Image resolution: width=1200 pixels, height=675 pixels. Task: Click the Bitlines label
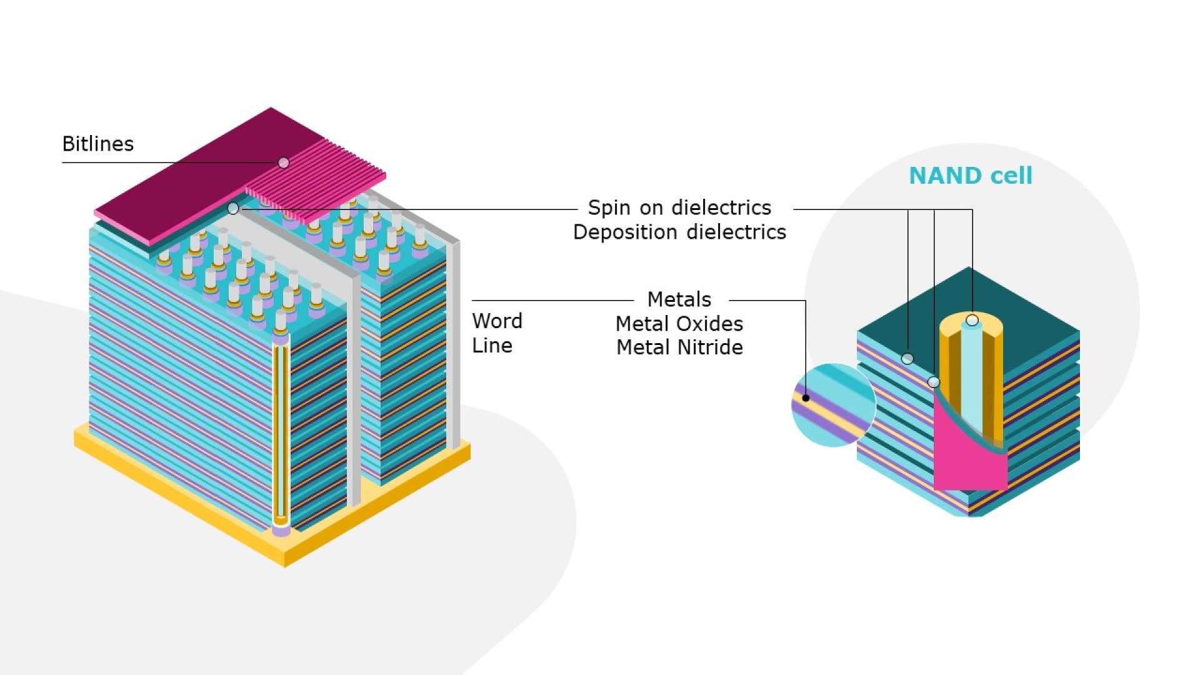point(98,144)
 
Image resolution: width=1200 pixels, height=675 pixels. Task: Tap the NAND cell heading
point(970,176)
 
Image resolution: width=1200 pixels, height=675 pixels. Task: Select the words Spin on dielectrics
point(679,207)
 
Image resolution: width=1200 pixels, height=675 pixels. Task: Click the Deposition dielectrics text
point(679,232)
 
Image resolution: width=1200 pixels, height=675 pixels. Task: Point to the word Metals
point(679,299)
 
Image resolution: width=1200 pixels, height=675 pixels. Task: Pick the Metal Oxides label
point(679,324)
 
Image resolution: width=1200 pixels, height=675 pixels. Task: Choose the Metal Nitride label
point(679,347)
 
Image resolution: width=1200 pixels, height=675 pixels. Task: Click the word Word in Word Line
point(497,321)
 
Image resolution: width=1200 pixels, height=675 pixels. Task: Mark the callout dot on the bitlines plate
point(284,162)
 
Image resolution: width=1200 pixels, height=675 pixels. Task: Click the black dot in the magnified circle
point(806,398)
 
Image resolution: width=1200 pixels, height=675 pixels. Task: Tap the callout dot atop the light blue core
point(972,321)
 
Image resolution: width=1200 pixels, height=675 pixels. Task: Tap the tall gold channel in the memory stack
point(281,431)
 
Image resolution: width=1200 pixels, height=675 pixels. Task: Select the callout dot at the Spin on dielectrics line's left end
point(233,208)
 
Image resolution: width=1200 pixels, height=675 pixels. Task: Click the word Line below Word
point(492,346)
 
